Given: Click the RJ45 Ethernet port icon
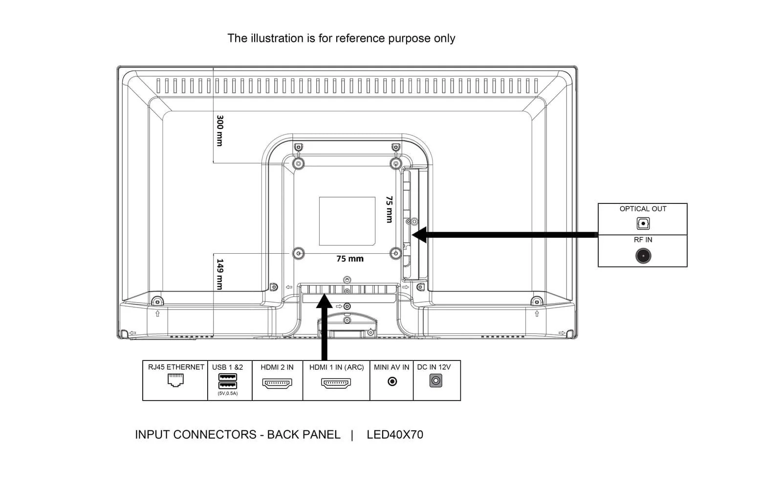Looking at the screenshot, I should coord(175,380).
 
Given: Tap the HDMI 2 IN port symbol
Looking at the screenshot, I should coord(277,383).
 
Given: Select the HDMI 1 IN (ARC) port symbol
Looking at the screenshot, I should coord(336,383).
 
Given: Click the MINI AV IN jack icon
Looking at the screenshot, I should coord(392,381).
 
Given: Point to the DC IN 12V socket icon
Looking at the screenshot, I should coord(435,380).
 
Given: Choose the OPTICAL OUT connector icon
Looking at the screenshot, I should coord(643,223).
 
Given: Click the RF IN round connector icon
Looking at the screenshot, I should coord(643,256).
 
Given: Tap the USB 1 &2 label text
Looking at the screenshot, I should coord(227,367).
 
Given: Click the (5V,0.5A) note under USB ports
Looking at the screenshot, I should coord(228,393).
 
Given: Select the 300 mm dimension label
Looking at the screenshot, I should coord(220,131).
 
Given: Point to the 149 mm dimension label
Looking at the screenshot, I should coord(220,274).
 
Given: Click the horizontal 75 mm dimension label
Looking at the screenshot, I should coord(350,259).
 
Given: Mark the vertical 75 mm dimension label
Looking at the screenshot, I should coord(389,209).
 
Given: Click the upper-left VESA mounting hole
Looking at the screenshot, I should coord(298,163).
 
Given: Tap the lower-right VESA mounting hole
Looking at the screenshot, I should coord(396,253).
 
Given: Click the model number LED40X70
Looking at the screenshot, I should coord(395,435).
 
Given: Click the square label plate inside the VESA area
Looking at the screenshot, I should coord(347,221).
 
